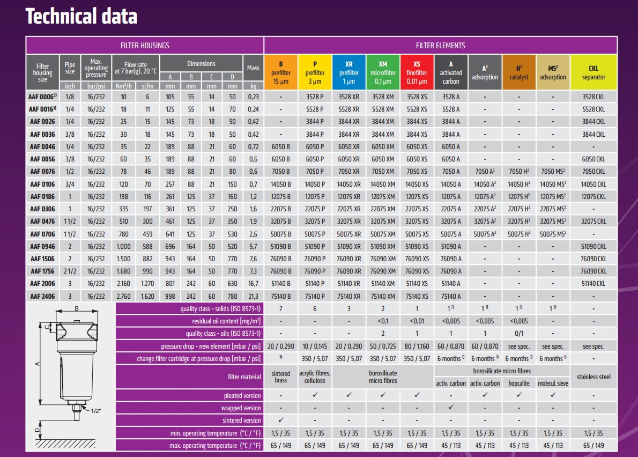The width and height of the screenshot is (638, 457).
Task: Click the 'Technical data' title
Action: pos(81,17)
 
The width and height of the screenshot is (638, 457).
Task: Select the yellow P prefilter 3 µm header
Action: pos(315,72)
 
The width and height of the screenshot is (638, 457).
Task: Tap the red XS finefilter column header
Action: pos(417,72)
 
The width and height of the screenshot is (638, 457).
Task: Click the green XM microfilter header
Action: pos(383,72)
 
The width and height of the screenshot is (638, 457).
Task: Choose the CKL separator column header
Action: pos(594,72)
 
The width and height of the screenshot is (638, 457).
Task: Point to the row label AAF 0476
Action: pos(42,221)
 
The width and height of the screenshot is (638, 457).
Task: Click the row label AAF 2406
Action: pos(42,296)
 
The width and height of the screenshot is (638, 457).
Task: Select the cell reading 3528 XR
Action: pos(349,97)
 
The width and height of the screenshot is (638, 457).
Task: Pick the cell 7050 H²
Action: pos(518,172)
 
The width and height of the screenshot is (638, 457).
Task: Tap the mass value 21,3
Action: pos(253,296)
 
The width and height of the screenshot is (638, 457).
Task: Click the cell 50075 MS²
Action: pos(553,234)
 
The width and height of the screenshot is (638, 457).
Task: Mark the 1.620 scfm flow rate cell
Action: pos(147,296)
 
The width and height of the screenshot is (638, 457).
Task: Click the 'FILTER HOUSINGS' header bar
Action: pos(145,46)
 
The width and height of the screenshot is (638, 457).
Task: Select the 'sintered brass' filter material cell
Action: pos(280,377)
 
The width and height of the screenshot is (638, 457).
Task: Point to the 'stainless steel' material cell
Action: pos(594,377)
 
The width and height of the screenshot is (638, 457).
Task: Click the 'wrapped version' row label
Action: pos(242,408)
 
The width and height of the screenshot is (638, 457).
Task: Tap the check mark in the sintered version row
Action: pos(281,421)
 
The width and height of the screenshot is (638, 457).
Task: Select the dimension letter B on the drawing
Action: pos(77,308)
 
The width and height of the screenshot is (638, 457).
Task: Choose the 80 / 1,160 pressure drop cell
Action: pos(417,347)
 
